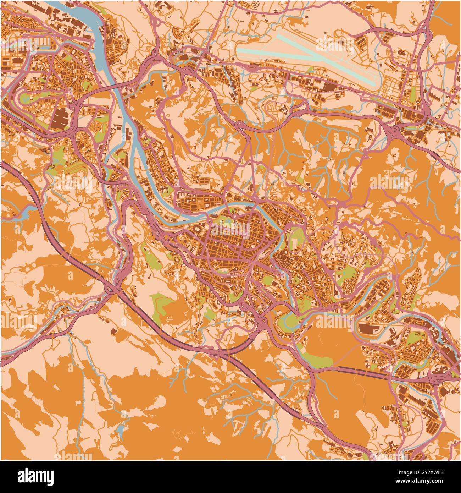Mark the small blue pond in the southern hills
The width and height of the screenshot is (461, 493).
click(x=121, y=431)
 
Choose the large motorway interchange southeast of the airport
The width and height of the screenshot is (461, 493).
click(x=394, y=133)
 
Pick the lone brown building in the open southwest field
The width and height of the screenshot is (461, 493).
click(x=113, y=331)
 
